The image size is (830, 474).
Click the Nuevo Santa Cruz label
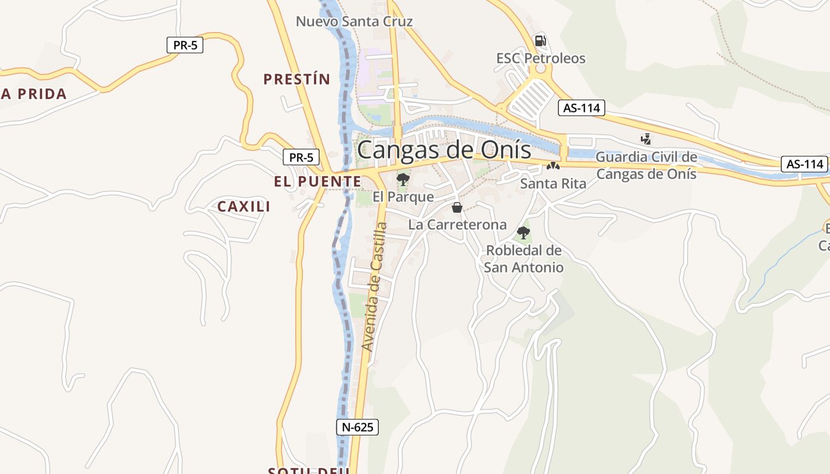click(354, 22)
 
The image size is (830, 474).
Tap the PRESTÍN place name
click(296, 79)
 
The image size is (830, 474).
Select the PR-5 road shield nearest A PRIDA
click(185, 45)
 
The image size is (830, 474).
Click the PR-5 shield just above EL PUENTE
click(301, 158)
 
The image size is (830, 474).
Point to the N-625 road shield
click(357, 427)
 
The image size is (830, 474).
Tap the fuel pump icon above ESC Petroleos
click(540, 41)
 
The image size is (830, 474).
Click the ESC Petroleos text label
click(541, 59)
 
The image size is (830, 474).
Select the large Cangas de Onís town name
click(444, 149)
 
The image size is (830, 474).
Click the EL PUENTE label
click(317, 182)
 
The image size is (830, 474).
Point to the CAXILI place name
click(244, 207)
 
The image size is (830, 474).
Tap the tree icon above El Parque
click(403, 179)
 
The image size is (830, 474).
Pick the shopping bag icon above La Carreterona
click(457, 207)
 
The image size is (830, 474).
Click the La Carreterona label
click(458, 225)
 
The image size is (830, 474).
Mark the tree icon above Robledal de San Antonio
click(523, 232)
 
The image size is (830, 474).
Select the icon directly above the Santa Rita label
click(553, 166)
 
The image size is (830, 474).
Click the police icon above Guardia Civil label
click(646, 139)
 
